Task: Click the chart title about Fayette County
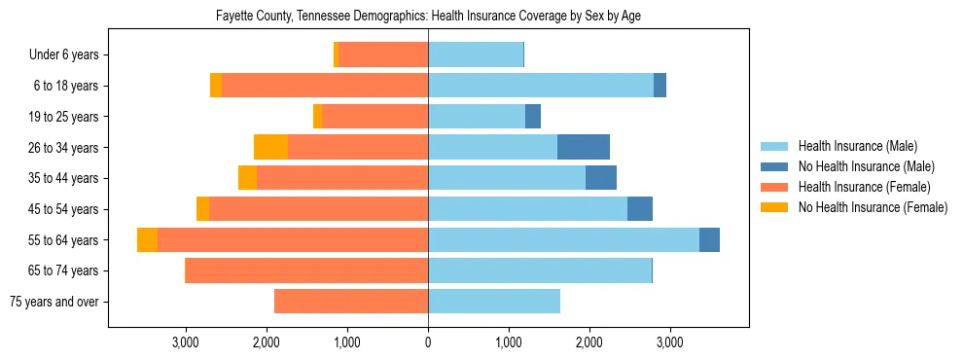[x=428, y=17]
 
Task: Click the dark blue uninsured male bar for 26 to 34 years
[x=584, y=147]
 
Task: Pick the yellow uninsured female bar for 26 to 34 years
[x=270, y=147]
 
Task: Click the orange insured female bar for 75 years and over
[x=351, y=302]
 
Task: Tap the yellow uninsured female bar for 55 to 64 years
[x=147, y=239]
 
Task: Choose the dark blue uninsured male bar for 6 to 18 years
[x=660, y=86]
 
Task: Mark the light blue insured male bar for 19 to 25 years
[x=477, y=117]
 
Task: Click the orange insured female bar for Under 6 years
[x=383, y=55]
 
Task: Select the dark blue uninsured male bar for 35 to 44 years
[x=601, y=178]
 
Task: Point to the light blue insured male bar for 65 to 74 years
[x=540, y=270]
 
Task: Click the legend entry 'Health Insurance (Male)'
[x=857, y=146]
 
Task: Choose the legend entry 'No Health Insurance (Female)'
[x=873, y=207]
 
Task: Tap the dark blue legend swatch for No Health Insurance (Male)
[x=775, y=166]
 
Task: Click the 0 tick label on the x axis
[x=428, y=342]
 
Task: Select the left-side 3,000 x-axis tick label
[x=186, y=342]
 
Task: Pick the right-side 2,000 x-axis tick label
[x=588, y=342]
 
